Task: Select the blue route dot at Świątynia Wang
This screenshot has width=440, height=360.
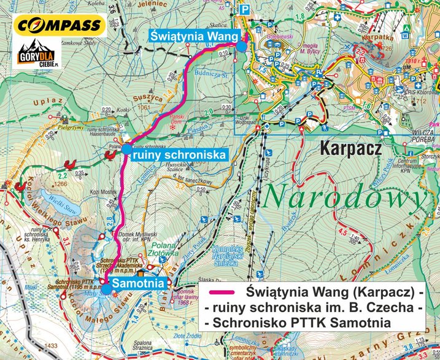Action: click(242, 47)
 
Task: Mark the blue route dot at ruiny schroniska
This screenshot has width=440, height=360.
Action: click(126, 149)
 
